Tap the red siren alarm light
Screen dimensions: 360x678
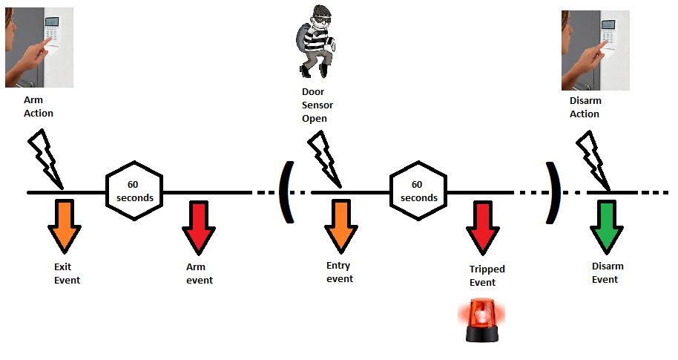coord(481,320)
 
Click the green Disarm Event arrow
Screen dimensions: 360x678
coord(608,226)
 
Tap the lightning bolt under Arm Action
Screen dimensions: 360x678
coord(47,158)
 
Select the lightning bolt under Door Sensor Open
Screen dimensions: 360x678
coord(324,158)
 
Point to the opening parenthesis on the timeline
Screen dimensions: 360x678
coord(286,192)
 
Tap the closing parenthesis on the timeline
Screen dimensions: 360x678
coord(551,192)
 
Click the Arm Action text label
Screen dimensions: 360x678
coord(39,107)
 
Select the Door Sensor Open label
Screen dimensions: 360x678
coord(317,105)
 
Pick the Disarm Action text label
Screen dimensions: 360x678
coord(585,107)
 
